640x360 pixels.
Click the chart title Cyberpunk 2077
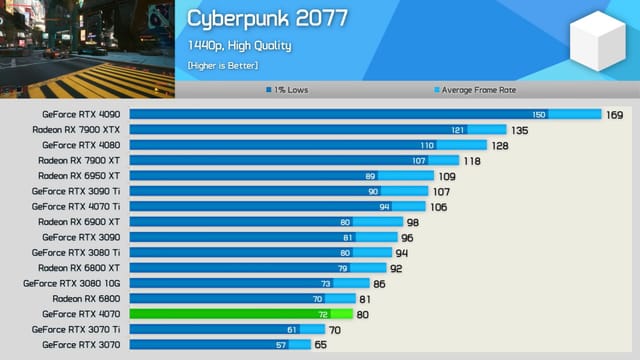(x=267, y=19)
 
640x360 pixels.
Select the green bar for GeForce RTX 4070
(x=240, y=314)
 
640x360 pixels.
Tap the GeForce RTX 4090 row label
(x=81, y=114)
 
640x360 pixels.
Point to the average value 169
(x=615, y=114)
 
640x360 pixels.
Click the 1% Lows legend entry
(x=289, y=90)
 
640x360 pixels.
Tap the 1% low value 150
(x=539, y=114)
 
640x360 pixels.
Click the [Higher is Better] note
(x=222, y=65)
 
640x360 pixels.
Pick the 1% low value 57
(x=282, y=344)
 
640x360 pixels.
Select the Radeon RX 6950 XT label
(x=79, y=175)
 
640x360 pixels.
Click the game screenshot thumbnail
(x=88, y=48)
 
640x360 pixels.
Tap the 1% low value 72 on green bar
(x=323, y=314)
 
